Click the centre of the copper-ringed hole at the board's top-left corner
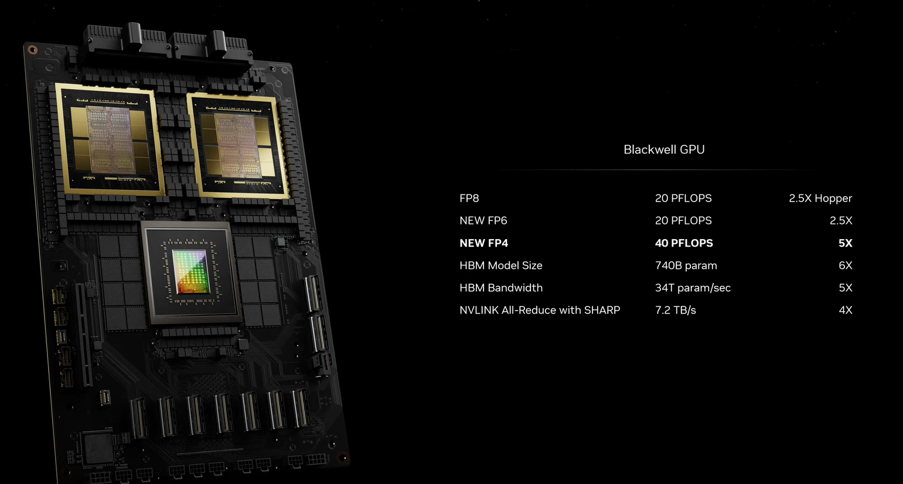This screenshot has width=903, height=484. pyautogui.click(x=32, y=50)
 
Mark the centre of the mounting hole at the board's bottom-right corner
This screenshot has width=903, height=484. pyautogui.click(x=343, y=458)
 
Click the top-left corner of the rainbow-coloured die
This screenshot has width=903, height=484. pyautogui.click(x=172, y=250)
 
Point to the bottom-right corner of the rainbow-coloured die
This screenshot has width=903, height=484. pyautogui.click(x=210, y=292)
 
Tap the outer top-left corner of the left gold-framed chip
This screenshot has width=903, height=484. pyautogui.click(x=55, y=83)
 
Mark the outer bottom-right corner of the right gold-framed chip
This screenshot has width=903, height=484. pyautogui.click(x=289, y=198)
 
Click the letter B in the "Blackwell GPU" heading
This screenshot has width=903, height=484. pyautogui.click(x=627, y=149)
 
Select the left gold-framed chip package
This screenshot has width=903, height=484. pyautogui.click(x=110, y=139)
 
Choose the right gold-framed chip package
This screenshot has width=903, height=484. pyautogui.click(x=238, y=146)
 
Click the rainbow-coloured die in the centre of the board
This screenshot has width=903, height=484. pyautogui.click(x=192, y=272)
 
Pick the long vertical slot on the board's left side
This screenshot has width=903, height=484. pyautogui.click(x=84, y=334)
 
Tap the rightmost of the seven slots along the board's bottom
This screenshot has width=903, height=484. pyautogui.click(x=301, y=408)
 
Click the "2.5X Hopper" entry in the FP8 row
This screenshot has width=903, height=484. pyautogui.click(x=820, y=198)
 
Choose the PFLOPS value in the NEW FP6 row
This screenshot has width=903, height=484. pyautogui.click(x=683, y=220)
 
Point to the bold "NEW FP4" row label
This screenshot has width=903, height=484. pyautogui.click(x=484, y=243)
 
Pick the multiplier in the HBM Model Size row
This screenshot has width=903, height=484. pyautogui.click(x=846, y=265)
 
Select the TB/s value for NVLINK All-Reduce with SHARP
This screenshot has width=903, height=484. pyautogui.click(x=676, y=310)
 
